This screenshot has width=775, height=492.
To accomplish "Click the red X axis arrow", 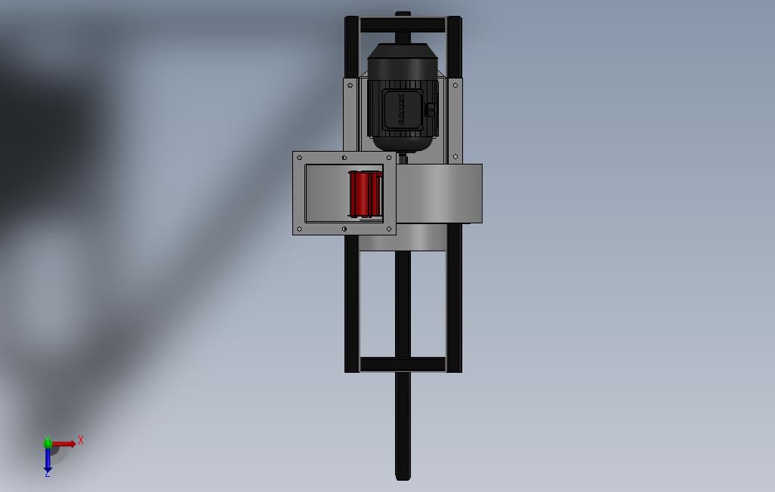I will [x=64, y=444].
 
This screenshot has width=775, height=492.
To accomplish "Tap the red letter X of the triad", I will [x=81, y=440].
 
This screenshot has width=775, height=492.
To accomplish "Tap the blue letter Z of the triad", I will [x=48, y=474].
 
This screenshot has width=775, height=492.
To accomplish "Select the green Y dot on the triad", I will [x=48, y=443].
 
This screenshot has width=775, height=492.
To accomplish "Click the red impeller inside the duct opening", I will [x=364, y=194].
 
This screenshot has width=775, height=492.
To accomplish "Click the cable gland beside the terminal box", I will [x=431, y=110].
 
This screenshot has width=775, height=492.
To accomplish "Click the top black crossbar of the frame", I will [x=403, y=26].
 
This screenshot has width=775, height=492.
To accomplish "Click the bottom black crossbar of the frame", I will [x=403, y=364].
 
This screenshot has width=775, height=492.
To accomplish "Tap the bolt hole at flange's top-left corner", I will [x=300, y=158].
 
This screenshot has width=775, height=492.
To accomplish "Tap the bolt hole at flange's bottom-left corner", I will [x=300, y=229].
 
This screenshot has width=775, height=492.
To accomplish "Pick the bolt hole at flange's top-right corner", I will [x=390, y=158].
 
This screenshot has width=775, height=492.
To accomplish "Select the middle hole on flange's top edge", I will [x=344, y=158].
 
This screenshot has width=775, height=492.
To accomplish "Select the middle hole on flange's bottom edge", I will [x=344, y=229].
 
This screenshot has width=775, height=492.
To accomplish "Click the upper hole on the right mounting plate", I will [x=455, y=86].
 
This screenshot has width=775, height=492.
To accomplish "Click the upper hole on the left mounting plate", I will [x=350, y=86].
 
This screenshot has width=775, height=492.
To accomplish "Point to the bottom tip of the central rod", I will [x=403, y=475].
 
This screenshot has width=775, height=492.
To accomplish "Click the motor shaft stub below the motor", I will [x=403, y=158].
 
